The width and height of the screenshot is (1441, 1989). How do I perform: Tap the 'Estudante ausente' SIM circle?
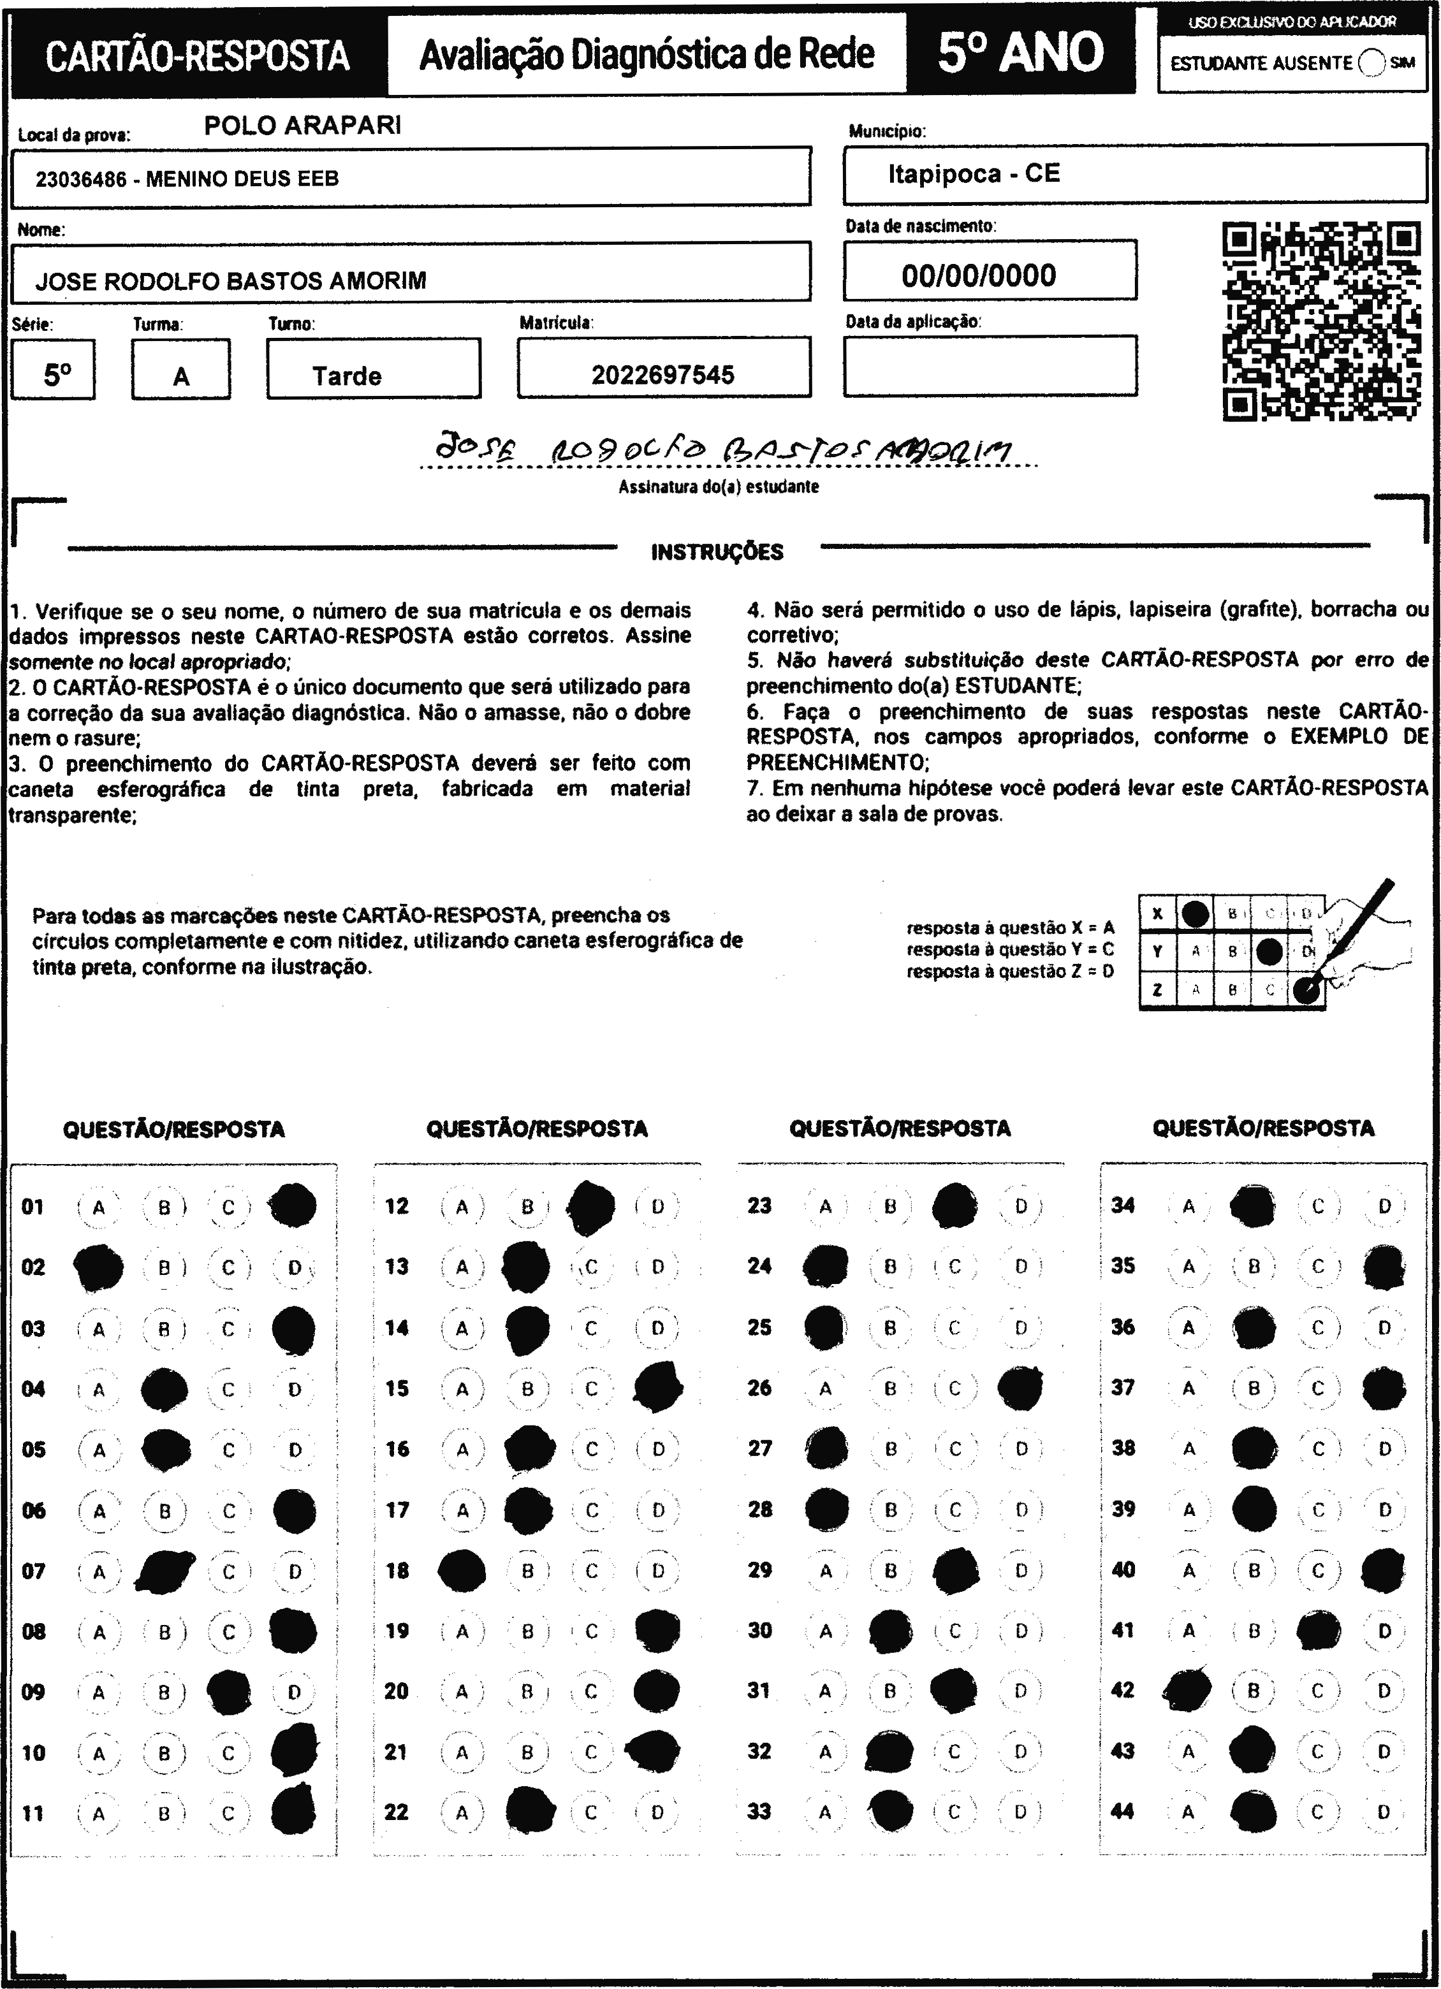pos(1372,63)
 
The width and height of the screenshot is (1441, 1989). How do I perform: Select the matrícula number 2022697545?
pos(662,375)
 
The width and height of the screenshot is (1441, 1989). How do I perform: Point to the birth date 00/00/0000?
pos(978,275)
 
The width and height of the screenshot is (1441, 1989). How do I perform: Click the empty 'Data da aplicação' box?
pos(990,366)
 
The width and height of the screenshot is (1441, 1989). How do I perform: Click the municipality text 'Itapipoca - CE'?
pos(974,173)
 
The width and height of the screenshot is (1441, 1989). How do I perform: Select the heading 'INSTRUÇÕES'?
pos(717,551)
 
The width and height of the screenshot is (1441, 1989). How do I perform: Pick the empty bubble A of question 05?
pos(99,1450)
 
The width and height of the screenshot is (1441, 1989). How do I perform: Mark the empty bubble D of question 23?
pos(1021,1207)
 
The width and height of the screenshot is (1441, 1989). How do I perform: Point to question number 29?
pos(759,1570)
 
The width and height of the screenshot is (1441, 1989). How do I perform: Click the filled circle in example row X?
pos(1194,914)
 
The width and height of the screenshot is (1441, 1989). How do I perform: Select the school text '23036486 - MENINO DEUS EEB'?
pos(187,179)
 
